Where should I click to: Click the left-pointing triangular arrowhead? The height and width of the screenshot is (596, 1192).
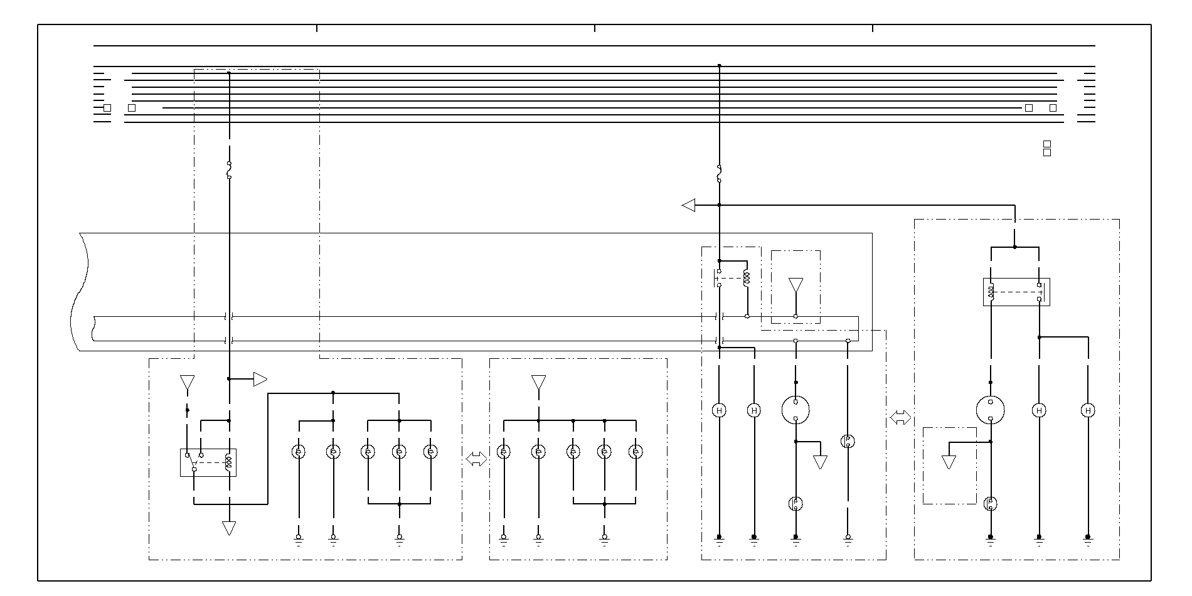click(689, 205)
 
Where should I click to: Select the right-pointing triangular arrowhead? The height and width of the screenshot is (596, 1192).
click(260, 379)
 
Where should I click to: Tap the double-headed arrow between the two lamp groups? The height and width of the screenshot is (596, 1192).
click(476, 460)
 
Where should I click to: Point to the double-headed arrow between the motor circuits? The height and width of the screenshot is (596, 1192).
click(900, 418)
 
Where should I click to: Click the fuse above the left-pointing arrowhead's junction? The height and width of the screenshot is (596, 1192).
click(719, 174)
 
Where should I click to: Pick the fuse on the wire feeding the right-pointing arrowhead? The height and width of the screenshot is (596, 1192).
click(229, 170)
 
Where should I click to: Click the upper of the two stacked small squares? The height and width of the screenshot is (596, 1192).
click(1046, 144)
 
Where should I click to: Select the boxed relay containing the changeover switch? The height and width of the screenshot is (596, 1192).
click(208, 462)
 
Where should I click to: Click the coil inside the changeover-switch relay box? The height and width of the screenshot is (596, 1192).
click(228, 461)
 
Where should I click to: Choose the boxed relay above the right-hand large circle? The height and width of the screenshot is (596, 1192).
click(1016, 292)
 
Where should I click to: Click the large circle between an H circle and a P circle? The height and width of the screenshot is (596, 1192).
click(796, 410)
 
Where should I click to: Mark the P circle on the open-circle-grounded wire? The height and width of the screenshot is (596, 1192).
click(848, 441)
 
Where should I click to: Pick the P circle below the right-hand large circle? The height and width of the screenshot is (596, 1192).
click(991, 503)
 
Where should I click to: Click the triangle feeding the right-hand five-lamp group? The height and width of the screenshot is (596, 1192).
click(538, 382)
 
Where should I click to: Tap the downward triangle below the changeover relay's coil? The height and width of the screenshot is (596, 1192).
click(229, 528)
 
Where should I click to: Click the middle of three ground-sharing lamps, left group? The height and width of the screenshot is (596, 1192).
click(399, 451)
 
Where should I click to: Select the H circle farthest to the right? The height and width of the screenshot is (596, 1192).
click(1088, 410)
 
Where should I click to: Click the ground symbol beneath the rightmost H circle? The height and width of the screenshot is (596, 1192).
click(1088, 538)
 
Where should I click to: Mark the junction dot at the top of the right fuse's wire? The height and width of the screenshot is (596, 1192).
click(719, 65)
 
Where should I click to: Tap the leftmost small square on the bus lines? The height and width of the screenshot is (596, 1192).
click(107, 108)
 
